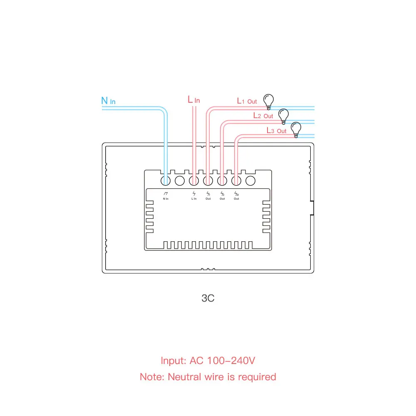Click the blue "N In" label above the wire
[109, 101]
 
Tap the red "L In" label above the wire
[194, 100]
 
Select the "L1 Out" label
[247, 101]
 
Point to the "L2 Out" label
[263, 116]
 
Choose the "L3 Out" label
[277, 131]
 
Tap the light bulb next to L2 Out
[284, 115]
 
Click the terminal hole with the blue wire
[166, 181]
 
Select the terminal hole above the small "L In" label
[194, 181]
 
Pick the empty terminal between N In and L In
[180, 181]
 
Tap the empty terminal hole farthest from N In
[250, 181]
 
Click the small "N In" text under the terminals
[166, 199]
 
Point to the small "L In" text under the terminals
[194, 199]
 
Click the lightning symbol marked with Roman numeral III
[236, 193]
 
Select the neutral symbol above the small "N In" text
[166, 193]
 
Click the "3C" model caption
[208, 298]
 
